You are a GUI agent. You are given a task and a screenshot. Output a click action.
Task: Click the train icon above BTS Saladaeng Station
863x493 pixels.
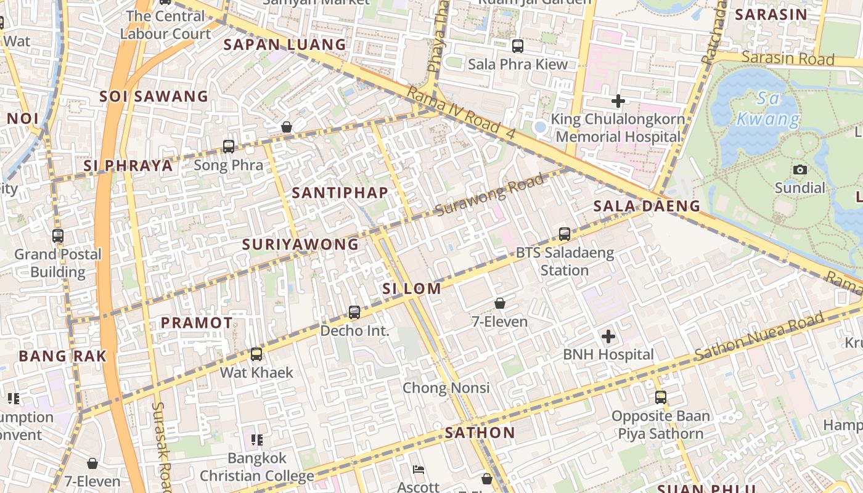(564, 234)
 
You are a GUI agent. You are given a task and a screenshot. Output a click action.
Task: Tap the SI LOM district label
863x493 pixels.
(412, 288)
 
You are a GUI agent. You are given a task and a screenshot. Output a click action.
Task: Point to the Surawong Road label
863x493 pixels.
(489, 195)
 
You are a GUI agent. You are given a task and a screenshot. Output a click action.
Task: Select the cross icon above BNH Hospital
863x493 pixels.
(608, 336)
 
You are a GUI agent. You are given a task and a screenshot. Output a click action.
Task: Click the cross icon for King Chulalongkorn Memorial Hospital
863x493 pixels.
(618, 101)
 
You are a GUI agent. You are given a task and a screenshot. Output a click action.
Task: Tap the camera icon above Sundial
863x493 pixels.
(800, 169)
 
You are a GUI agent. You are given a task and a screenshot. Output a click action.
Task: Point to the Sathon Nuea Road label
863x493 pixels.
(759, 336)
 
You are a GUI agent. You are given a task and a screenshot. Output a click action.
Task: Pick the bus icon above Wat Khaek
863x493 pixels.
(256, 354)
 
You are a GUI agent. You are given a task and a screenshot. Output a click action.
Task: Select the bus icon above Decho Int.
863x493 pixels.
(354, 312)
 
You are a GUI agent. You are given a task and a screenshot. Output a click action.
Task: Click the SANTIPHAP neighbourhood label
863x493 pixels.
(340, 193)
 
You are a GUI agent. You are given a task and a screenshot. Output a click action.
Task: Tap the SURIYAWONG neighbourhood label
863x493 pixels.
(300, 245)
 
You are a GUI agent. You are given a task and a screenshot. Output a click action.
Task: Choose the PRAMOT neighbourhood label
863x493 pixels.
(197, 323)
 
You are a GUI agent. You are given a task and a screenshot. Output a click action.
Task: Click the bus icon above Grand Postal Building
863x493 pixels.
(58, 236)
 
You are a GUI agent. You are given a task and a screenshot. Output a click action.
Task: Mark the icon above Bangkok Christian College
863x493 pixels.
(257, 440)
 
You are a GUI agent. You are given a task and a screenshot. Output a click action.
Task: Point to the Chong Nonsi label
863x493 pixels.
(446, 388)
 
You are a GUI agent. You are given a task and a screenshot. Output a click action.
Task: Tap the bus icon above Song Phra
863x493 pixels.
(229, 147)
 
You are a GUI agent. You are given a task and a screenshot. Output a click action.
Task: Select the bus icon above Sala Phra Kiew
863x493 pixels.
(518, 46)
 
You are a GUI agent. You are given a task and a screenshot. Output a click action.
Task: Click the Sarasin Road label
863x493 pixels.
(788, 58)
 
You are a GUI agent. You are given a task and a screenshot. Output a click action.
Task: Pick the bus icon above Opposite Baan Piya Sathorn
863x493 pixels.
(661, 397)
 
